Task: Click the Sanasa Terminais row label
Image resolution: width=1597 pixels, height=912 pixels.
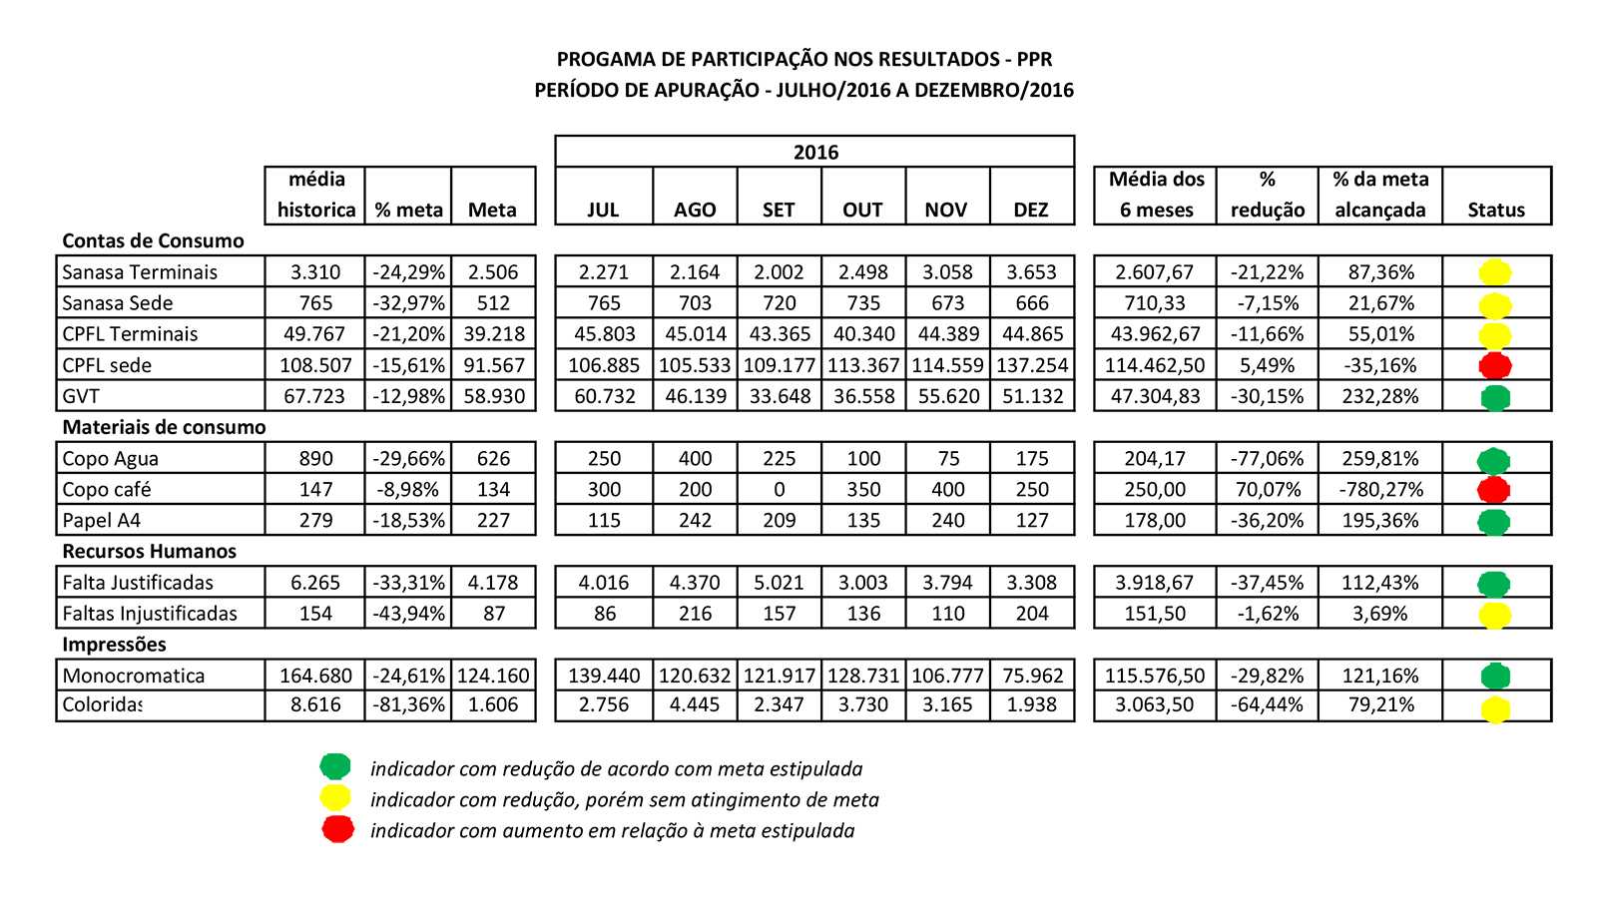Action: (140, 272)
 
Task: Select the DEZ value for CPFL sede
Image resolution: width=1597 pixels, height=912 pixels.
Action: (1032, 365)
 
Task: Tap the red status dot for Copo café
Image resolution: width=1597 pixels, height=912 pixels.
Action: (1494, 490)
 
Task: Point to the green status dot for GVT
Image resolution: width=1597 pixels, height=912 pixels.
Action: (1494, 397)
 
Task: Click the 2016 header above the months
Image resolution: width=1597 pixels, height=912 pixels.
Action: (815, 153)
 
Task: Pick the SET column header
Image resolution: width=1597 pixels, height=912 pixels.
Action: (779, 211)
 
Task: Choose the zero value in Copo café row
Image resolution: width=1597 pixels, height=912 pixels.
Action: (779, 490)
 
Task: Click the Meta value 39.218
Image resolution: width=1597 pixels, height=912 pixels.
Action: (493, 334)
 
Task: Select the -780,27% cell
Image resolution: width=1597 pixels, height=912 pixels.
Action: (1380, 490)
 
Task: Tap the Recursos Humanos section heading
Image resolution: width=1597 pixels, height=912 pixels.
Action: (149, 551)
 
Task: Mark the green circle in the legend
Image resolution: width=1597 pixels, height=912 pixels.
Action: (335, 766)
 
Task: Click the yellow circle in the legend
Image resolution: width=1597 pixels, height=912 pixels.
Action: (335, 797)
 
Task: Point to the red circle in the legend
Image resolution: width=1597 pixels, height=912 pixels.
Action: (338, 828)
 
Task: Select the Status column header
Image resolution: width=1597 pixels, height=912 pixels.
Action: (1496, 211)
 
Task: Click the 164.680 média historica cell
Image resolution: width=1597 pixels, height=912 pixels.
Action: (315, 676)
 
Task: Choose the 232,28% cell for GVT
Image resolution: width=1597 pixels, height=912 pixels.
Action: (1380, 397)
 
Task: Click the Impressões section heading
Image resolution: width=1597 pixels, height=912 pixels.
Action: (114, 645)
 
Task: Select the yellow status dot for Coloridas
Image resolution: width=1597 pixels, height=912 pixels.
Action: (1495, 709)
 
